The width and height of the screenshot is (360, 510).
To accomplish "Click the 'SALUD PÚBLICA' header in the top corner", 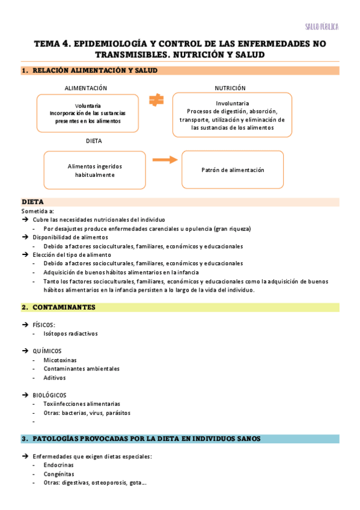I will pos(322,27).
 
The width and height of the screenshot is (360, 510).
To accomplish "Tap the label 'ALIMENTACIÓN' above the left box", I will pos(90,88).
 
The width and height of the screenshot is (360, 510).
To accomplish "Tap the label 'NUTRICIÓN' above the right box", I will pos(231,88).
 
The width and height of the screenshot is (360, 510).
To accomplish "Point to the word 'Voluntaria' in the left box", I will pos(88,105).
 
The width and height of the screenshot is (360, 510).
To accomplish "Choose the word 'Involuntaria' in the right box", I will pos(231,103).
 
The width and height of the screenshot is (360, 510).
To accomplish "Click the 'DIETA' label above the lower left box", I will pos(94,141).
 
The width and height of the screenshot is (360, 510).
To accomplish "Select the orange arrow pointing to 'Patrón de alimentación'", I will pos(165,160).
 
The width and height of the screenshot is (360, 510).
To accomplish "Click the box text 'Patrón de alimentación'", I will pos(233,170).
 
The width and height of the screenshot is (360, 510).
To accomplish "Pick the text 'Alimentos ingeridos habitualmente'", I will pos(94,170).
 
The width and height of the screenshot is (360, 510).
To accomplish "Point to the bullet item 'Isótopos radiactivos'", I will pos(70,333).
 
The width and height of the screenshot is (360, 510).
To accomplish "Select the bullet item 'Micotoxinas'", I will pos(59,360).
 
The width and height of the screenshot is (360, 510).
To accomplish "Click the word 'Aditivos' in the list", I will pos(55,378).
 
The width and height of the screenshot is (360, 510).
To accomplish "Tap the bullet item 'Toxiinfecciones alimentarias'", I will pos(82,404).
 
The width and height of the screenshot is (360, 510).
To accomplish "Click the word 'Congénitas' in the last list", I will pos(58,474).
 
